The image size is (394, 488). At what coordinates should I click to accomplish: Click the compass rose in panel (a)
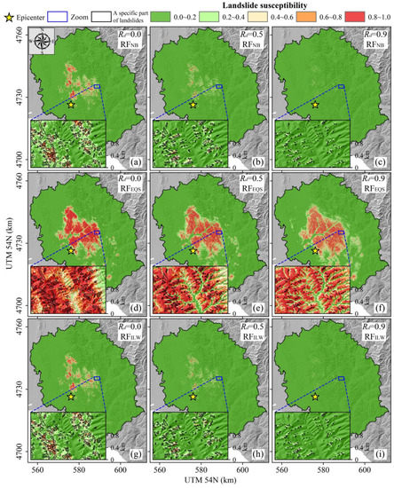(x=43, y=41)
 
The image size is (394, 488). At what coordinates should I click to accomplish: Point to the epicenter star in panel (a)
(x=71, y=105)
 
